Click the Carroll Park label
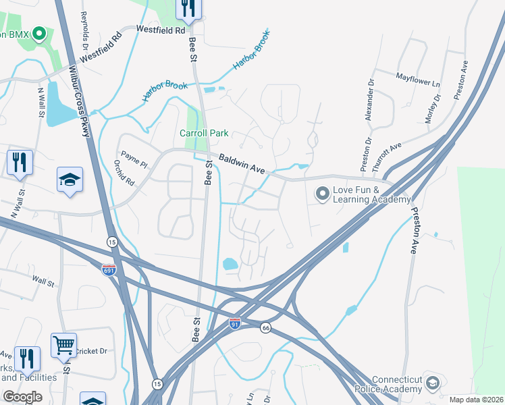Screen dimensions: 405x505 tap(204, 133)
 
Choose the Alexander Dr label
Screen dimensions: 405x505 tap(369, 101)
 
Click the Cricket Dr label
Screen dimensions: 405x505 tap(91, 351)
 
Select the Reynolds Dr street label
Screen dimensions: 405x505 tap(84, 31)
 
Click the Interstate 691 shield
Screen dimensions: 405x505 tap(109, 269)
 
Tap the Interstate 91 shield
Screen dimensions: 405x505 tap(234, 323)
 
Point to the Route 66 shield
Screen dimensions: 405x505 tap(266, 327)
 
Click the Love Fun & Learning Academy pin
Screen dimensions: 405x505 tap(322, 194)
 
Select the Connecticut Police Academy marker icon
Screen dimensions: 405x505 tap(432, 382)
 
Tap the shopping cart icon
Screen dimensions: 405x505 tap(63, 346)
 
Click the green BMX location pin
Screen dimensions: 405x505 tap(39, 32)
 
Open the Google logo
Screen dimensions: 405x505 tap(22, 397)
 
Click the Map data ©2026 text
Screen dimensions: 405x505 tap(476, 400)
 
